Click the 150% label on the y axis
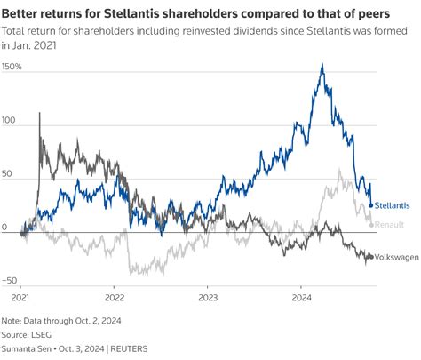(x=12, y=68)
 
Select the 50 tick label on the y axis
(x=8, y=174)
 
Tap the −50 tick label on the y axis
(x=11, y=280)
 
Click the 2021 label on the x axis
(x=20, y=299)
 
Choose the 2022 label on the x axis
(x=115, y=299)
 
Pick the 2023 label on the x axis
(x=208, y=299)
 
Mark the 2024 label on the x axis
(x=301, y=299)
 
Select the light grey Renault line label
(x=391, y=225)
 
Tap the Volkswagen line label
(x=396, y=256)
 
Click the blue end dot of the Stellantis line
(x=370, y=206)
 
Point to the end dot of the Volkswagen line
(x=371, y=256)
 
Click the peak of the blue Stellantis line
(x=321, y=65)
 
